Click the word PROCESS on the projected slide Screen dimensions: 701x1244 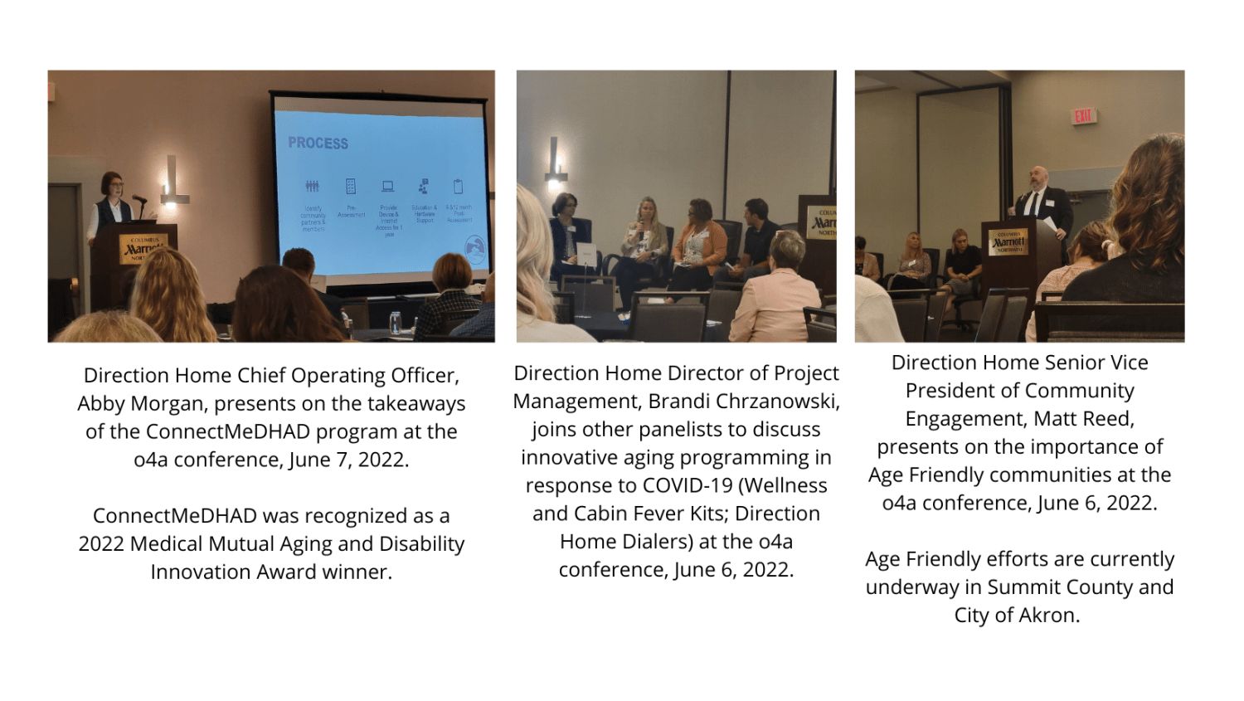coord(318,143)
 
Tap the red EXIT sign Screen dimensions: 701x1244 coord(1083,116)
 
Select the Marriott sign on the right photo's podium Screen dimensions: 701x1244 coord(1008,241)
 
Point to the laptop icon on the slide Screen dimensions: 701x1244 coord(387,187)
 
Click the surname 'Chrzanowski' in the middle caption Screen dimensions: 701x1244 coord(776,402)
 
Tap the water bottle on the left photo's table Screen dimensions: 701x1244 coord(396,323)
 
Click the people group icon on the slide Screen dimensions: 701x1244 coord(312,187)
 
